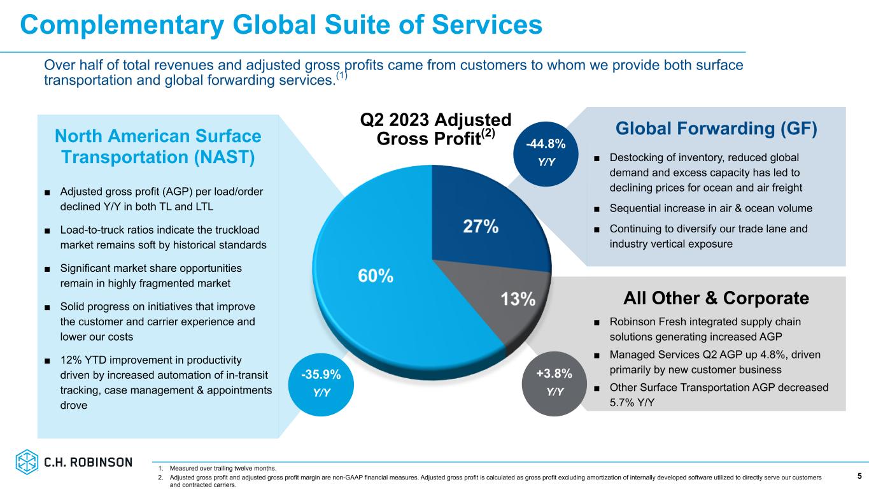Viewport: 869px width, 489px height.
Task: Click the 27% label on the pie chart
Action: (481, 227)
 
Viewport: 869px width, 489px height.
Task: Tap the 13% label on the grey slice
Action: (517, 299)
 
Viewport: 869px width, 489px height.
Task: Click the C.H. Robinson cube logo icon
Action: (27, 462)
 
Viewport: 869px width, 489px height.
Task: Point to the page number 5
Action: (859, 476)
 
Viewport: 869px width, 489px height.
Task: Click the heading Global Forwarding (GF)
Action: (716, 129)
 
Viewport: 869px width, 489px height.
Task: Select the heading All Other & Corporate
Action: (716, 298)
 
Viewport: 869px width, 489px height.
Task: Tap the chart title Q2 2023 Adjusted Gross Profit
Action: (435, 129)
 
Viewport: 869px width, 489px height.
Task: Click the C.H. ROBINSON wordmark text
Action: (88, 462)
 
